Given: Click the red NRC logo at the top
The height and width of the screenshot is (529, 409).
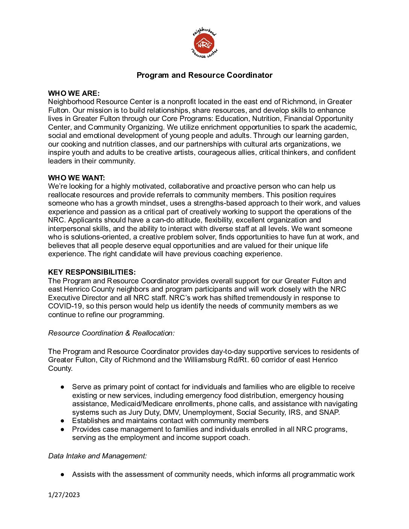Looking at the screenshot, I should (204, 44).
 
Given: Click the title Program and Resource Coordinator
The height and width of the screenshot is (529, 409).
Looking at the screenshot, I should (204, 75).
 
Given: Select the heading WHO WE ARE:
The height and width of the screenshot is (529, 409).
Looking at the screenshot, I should (74, 93).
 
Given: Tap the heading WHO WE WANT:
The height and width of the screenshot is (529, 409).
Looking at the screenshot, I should (76, 178).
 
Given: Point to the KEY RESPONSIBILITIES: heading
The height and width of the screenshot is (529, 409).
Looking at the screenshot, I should (92, 272).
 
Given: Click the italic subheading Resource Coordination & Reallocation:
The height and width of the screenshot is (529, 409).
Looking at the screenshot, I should (111, 333).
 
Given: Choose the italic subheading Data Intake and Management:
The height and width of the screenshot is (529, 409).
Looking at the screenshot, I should (97, 456).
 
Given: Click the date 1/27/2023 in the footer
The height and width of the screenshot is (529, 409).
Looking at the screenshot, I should (64, 495).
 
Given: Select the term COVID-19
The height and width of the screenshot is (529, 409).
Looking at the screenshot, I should (65, 306).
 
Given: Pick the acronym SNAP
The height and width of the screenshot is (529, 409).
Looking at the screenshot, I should (329, 412).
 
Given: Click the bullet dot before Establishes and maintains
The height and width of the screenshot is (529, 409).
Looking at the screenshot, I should (63, 421).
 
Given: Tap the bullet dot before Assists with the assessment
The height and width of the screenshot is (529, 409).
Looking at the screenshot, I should (63, 475).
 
